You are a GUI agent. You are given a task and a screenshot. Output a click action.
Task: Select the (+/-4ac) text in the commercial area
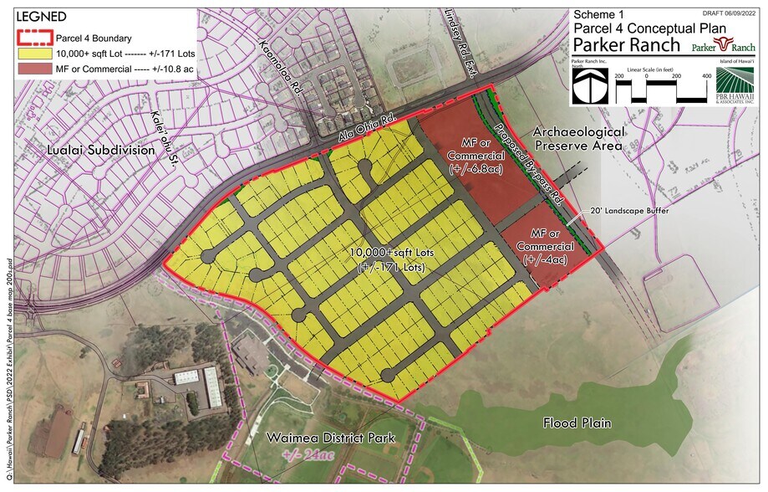point(545,260)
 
